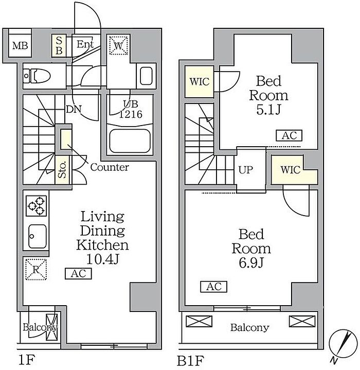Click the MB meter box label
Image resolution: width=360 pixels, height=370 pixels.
click(x=20, y=45)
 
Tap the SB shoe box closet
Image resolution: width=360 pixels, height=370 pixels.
click(x=59, y=45)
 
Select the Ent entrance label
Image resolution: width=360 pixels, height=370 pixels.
click(x=85, y=44)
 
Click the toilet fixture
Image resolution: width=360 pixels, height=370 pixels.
click(x=37, y=76)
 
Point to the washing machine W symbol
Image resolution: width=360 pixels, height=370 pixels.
click(x=118, y=45)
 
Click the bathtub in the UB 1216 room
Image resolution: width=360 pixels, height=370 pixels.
click(x=130, y=142)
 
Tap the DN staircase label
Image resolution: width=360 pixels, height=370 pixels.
click(x=74, y=109)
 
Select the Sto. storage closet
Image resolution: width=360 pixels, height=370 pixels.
click(x=62, y=170)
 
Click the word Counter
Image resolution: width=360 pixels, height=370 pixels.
click(x=110, y=167)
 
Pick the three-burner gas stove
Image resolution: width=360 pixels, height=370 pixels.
click(x=36, y=206)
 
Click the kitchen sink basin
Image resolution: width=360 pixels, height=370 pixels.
click(x=37, y=236)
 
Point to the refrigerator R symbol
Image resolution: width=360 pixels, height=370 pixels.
click(x=36, y=269)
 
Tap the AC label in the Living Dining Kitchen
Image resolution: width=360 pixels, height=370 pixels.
click(x=78, y=274)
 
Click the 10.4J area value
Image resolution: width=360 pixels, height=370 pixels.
click(x=103, y=259)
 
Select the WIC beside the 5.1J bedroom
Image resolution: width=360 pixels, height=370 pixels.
click(x=200, y=82)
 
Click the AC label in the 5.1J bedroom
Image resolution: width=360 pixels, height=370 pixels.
click(x=289, y=136)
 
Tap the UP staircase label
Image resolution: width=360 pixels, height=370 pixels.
click(x=246, y=170)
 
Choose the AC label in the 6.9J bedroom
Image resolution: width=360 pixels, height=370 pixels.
click(x=213, y=287)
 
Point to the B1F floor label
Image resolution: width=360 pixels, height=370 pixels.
click(x=190, y=360)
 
